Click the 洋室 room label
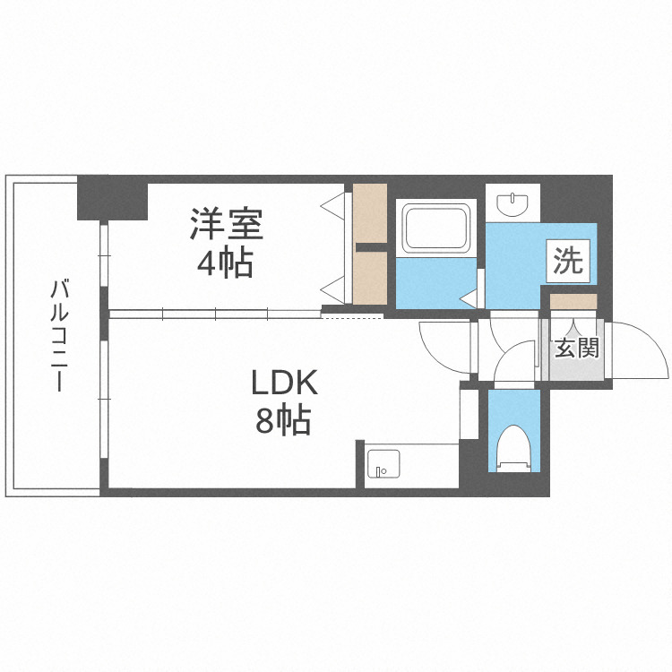226,224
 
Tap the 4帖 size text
226,263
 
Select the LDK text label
283,383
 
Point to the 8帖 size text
283,419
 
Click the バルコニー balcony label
59,335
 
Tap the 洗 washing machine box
567,262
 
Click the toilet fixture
514,448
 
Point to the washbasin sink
513,202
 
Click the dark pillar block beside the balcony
112,199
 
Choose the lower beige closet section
369,278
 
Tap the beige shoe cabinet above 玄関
573,301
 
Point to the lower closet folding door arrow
332,287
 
